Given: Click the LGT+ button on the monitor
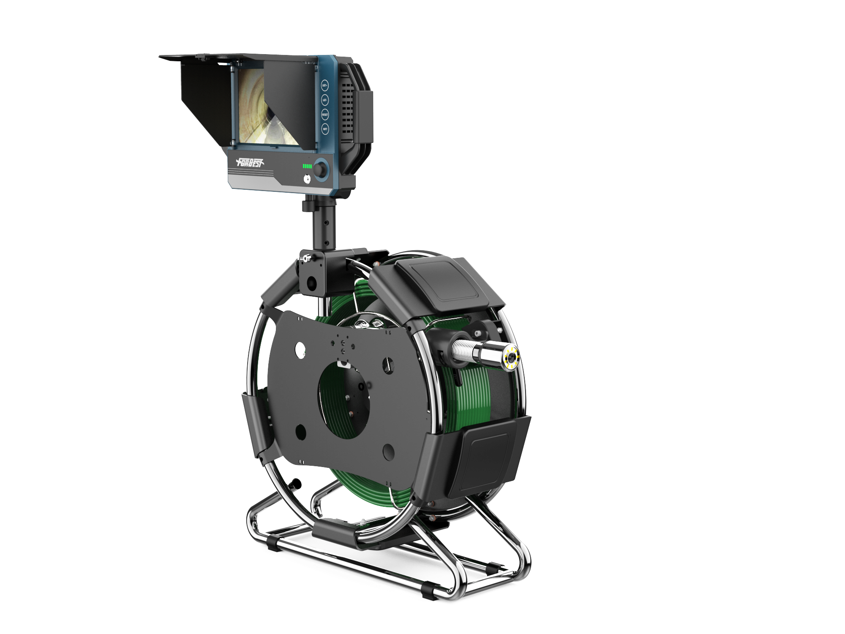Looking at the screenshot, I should tap(324, 85).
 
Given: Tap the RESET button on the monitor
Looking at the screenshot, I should tap(325, 115).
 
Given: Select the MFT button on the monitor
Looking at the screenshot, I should tap(325, 129).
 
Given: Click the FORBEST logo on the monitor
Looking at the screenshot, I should tap(250, 162).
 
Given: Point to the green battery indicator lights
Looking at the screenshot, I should tap(307, 167).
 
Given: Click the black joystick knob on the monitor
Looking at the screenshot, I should tap(321, 170).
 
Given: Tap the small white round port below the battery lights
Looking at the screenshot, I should tap(307, 179).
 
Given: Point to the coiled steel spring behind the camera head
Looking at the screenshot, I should tap(463, 349).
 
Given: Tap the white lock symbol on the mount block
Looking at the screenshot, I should tap(307, 258).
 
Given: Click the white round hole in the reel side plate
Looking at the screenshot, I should tap(300, 350).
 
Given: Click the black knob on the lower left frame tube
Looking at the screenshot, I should tap(297, 483).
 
